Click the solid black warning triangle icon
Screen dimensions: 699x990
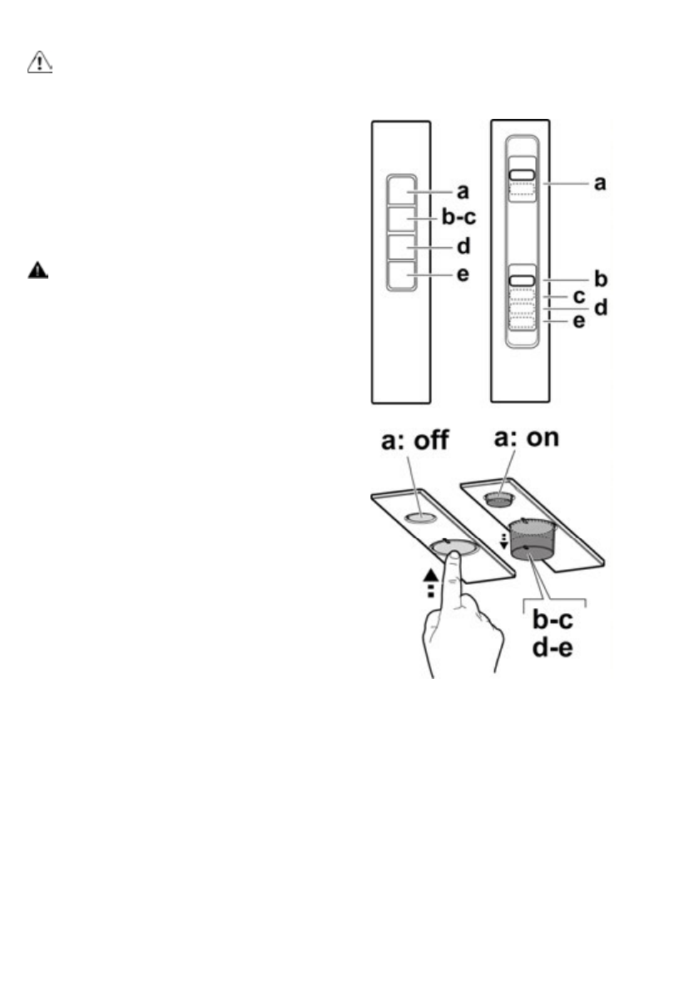pyautogui.click(x=38, y=271)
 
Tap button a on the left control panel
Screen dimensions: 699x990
pyautogui.click(x=400, y=191)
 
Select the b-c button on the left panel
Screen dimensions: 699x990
pyautogui.click(x=400, y=220)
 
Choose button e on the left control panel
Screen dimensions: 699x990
pyautogui.click(x=400, y=275)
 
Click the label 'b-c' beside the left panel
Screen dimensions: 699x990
pyautogui.click(x=457, y=220)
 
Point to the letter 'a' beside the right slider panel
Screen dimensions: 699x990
pyautogui.click(x=598, y=182)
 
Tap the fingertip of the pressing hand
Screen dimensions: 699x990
pyautogui.click(x=450, y=557)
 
